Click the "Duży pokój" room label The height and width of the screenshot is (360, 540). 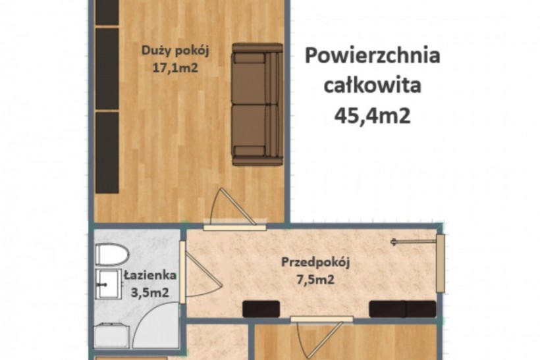176,51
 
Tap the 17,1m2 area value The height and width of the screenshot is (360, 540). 175,68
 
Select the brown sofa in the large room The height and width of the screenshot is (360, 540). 257,104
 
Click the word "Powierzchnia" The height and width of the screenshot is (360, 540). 373,56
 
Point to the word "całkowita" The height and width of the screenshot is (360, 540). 373,85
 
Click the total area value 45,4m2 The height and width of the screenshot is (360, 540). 373,115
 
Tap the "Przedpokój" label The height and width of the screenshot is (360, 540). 315,263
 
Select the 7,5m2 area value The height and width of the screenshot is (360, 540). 315,279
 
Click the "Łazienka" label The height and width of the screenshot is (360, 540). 151,275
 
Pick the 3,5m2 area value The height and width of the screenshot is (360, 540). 150,293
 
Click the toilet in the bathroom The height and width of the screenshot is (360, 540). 111,255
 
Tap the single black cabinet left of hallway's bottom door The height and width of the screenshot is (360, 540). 261,309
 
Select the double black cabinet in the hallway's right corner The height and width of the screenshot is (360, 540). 402,309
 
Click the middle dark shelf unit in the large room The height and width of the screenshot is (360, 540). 107,68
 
